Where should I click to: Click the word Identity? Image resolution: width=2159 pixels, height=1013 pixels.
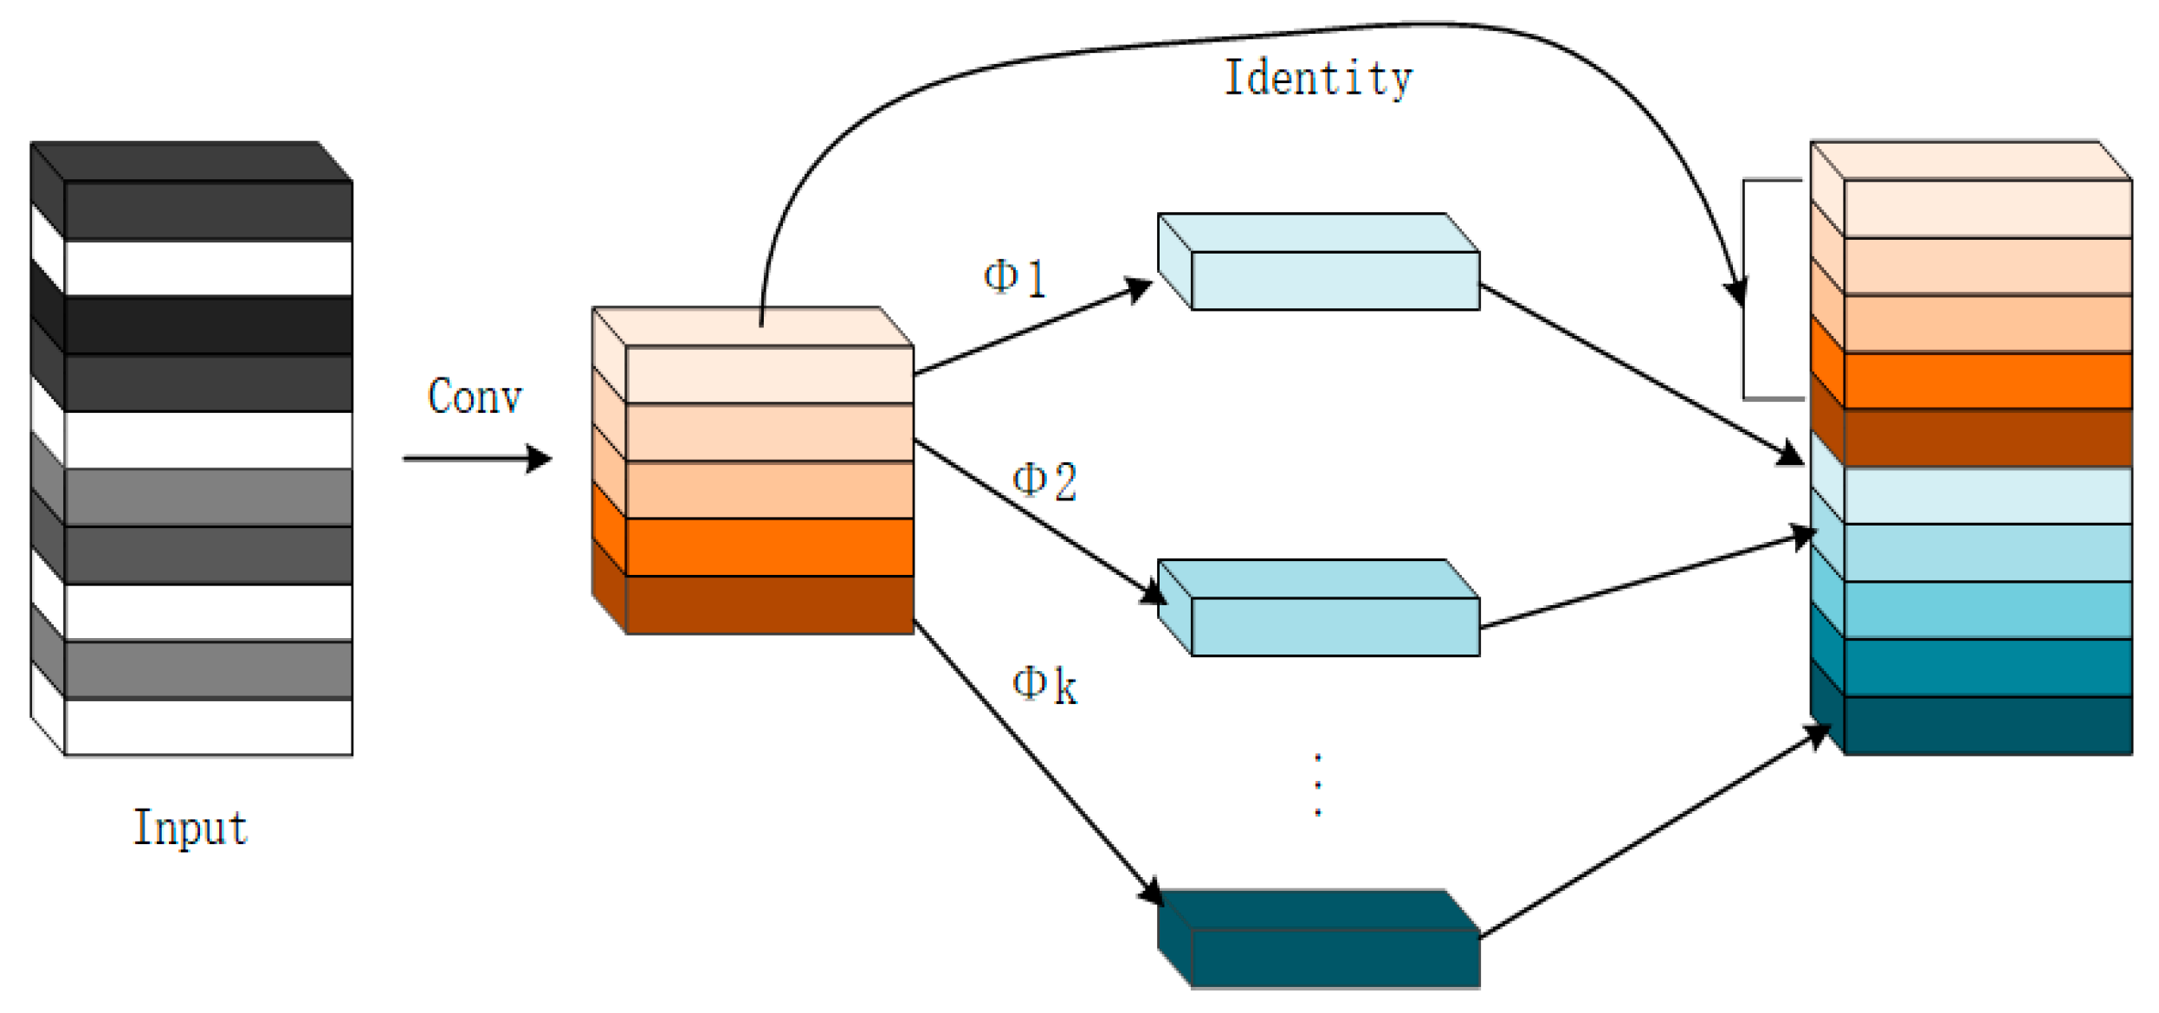click(x=1317, y=78)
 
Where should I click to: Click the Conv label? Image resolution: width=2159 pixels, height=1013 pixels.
click(x=475, y=397)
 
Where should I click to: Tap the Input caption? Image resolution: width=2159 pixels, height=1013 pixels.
click(x=191, y=827)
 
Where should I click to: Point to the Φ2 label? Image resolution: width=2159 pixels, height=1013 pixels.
click(x=1044, y=481)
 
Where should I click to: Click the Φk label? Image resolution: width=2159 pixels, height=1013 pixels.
click(x=1044, y=686)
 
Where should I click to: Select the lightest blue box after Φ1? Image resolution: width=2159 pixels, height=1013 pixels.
click(x=1334, y=280)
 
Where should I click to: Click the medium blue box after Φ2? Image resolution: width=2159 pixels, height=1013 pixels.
click(x=1334, y=625)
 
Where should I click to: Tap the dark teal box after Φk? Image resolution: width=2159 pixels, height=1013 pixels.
click(x=1334, y=957)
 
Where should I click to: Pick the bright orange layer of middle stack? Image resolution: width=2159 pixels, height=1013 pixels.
click(x=769, y=547)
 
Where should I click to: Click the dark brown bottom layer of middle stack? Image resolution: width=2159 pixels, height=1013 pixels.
click(x=769, y=605)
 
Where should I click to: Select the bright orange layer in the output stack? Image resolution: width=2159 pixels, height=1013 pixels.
click(x=1987, y=380)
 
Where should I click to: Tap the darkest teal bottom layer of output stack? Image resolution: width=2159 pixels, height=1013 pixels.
click(x=1987, y=726)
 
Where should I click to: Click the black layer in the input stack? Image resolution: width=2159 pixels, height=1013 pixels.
click(x=208, y=325)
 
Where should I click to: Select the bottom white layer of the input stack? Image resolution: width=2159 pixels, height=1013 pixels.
click(x=208, y=727)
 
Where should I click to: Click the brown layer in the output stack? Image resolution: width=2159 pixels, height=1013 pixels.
click(x=1987, y=438)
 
